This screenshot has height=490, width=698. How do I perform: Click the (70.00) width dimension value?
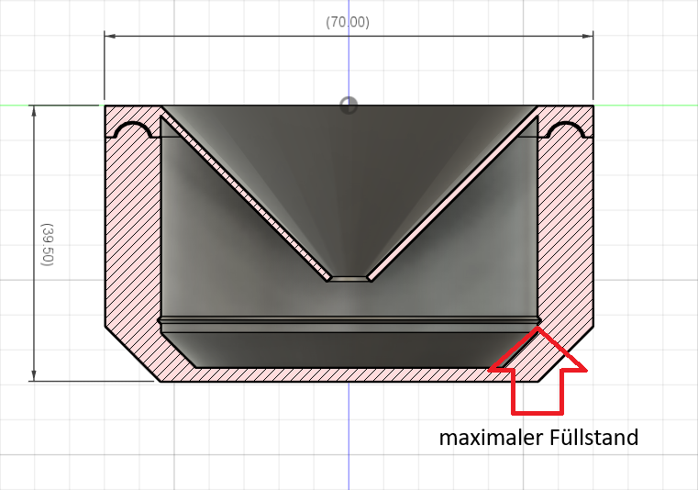pos(348,22)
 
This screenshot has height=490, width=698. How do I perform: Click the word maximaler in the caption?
pos(483,438)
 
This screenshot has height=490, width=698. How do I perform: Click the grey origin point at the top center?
pos(349,105)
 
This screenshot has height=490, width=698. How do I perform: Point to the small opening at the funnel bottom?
pos(349,278)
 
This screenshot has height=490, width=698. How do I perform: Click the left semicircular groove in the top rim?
pos(132,132)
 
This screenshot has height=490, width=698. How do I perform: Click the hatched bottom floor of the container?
pos(349,374)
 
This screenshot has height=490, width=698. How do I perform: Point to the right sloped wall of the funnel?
pos(453,197)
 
